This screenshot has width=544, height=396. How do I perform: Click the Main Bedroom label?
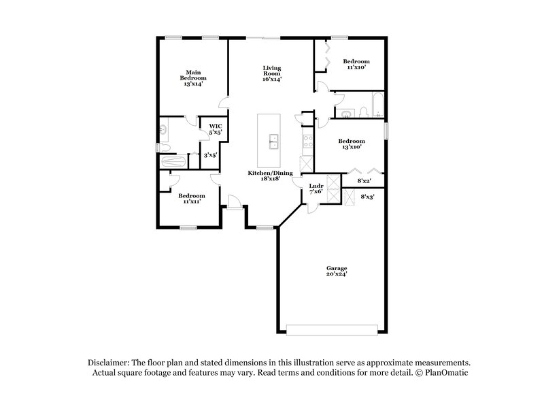point(193,78)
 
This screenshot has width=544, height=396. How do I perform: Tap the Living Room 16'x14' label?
point(272,73)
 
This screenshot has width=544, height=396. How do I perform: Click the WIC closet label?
point(216,129)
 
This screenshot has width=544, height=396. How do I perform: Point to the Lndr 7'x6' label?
point(316,189)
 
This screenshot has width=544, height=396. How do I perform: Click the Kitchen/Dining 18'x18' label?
point(270,177)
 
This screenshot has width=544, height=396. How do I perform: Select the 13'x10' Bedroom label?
point(351,144)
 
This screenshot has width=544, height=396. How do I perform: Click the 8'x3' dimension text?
point(367,197)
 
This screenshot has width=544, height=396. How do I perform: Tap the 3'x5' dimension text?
point(210,156)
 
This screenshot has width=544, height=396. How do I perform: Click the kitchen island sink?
point(274,142)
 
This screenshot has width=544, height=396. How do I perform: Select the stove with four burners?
point(307,142)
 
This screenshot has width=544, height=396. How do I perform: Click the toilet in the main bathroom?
point(163,148)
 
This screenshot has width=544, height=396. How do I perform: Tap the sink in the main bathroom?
point(163,128)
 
